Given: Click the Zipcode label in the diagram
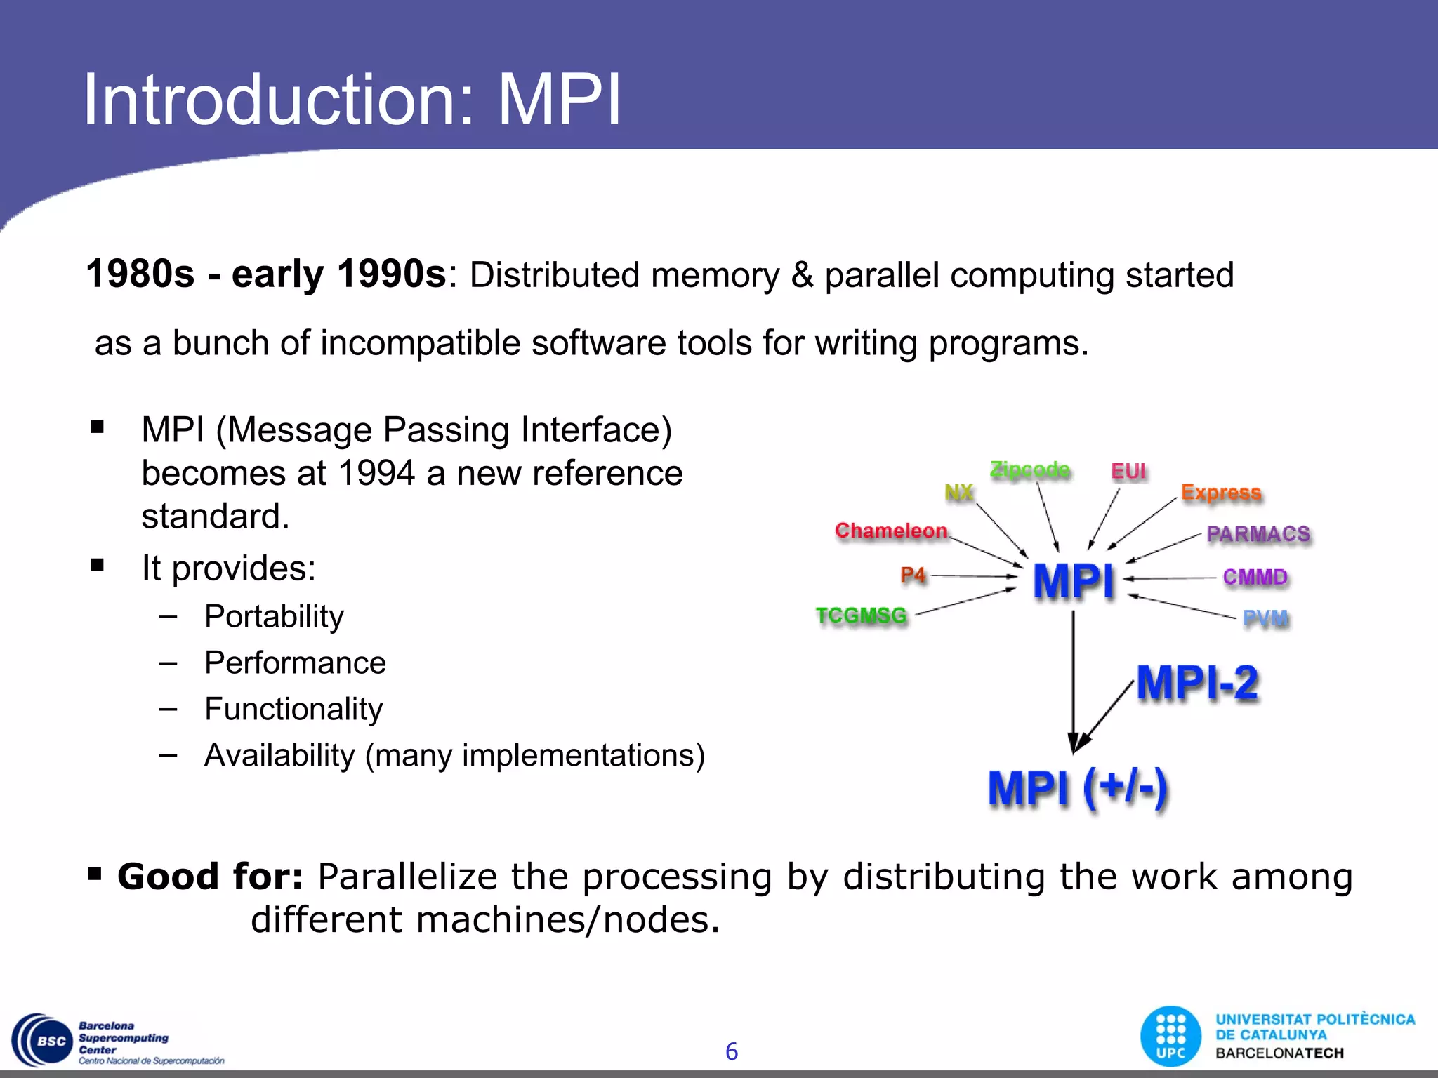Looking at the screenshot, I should tap(1029, 470).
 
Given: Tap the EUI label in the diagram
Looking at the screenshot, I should tap(1128, 471).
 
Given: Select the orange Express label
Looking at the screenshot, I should tap(1221, 493).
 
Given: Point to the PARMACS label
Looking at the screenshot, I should tap(1258, 534).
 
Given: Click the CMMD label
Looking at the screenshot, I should tap(1255, 577).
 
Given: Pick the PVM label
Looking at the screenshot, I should tap(1265, 618).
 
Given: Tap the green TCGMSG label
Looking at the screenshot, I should tap(862, 615).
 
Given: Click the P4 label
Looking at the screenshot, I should tap(913, 575).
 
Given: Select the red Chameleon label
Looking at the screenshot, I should tap(891, 531).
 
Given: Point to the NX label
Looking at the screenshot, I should tap(959, 492).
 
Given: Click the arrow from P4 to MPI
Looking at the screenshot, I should tap(973, 576).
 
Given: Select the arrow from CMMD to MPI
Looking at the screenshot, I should tap(1170, 578).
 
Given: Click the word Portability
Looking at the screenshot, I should tap(274, 616).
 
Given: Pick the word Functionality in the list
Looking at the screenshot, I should tap(293, 709).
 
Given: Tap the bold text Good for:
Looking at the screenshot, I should tap(210, 876).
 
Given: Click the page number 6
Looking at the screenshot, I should tap(731, 1051).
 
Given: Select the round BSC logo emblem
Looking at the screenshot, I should tap(44, 1041).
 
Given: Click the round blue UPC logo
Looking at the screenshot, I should tap(1170, 1037).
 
